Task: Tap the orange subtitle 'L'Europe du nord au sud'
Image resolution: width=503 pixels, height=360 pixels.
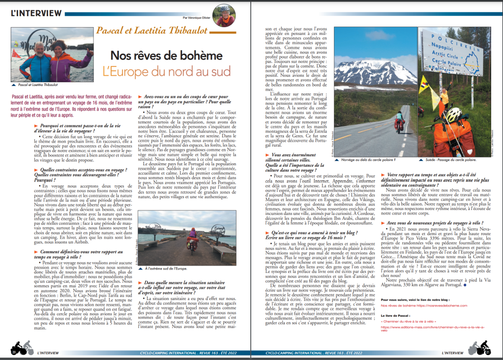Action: click(x=166, y=71)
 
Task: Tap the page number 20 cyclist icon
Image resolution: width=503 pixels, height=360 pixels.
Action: click(x=19, y=348)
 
